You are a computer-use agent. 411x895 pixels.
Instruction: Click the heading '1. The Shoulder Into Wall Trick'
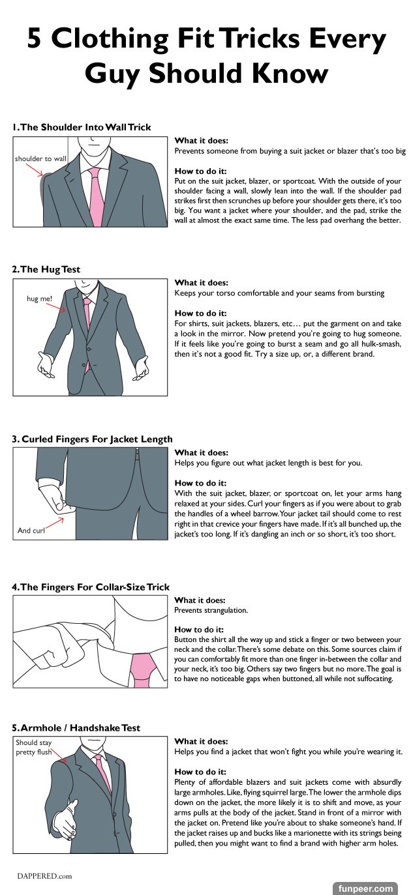82,127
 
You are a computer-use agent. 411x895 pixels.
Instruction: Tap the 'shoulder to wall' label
41,158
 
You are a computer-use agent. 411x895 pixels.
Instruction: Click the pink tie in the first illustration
95,196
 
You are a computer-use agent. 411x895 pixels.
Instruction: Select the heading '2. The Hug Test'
46,269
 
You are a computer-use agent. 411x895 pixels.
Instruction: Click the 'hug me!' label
39,299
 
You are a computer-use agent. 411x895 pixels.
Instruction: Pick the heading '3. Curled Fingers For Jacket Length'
93,439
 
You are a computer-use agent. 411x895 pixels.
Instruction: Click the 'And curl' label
31,530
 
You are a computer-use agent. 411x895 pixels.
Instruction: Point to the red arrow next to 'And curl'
54,524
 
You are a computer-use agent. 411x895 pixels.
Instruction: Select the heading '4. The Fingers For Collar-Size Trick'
91,587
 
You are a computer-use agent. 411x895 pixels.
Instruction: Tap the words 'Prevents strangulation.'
211,610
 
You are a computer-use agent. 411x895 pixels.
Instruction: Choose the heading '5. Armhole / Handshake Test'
76,727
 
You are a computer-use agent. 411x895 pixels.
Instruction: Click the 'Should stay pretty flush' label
33,747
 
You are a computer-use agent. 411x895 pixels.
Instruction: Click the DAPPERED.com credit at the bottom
44,876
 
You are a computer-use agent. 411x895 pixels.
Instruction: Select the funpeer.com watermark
365,889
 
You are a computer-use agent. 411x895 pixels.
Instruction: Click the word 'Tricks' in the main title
260,38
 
